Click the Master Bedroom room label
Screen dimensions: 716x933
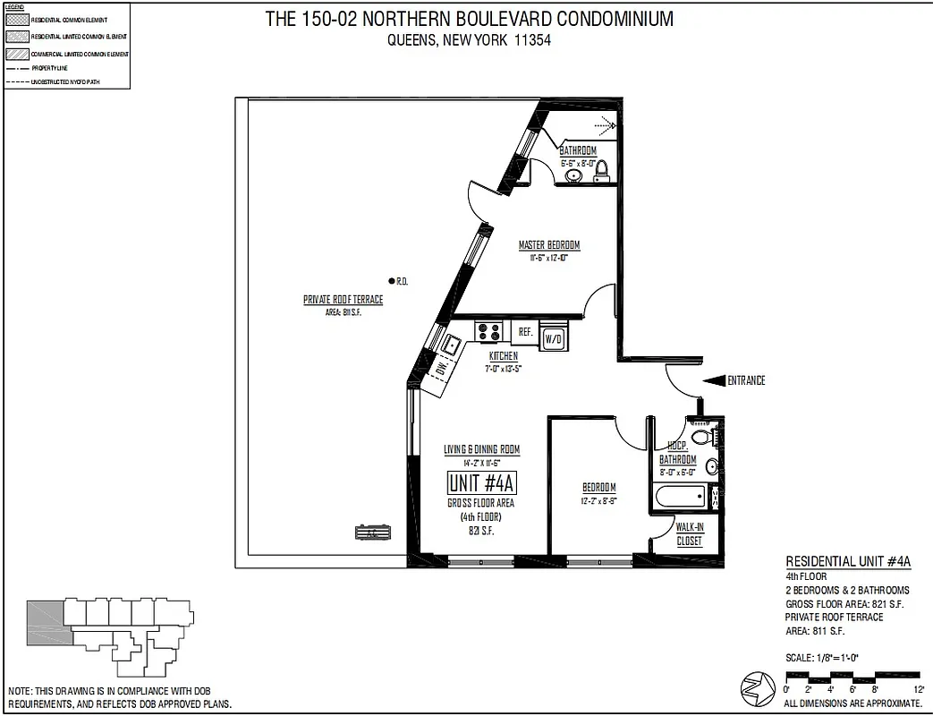pos(549,245)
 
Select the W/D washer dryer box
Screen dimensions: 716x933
pos(554,337)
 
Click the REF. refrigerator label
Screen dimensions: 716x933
pos(526,332)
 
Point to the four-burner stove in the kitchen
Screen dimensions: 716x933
pos(489,332)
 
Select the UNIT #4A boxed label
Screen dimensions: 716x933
pos(482,484)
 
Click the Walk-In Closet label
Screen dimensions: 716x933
pos(689,534)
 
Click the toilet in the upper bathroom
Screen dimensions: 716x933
pos(602,168)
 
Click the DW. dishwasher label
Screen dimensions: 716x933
pos(440,367)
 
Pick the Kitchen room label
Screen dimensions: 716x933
pos(503,356)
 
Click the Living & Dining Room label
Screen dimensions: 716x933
pos(481,449)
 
